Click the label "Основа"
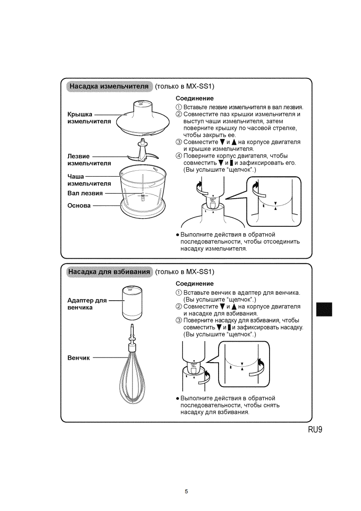(79, 205)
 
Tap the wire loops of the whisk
(133, 378)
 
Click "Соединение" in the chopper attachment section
(195, 98)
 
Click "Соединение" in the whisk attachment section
(195, 284)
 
